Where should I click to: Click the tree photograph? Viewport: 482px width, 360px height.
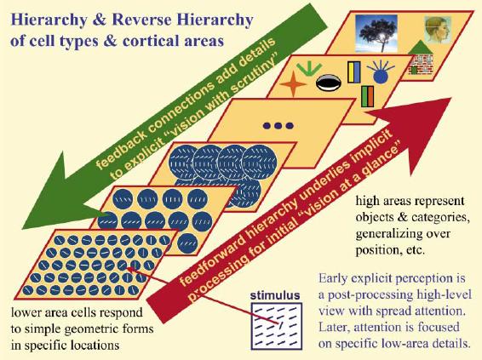click(x=376, y=33)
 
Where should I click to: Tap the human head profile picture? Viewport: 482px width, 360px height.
click(x=438, y=29)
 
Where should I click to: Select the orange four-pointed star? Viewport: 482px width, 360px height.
click(x=293, y=83)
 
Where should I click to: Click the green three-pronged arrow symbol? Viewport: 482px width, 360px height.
click(x=309, y=68)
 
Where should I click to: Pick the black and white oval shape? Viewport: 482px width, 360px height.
click(x=329, y=83)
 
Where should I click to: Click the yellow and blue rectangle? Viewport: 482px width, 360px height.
click(x=353, y=71)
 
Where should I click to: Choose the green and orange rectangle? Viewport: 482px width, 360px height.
click(x=367, y=96)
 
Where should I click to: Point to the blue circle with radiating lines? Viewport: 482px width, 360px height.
click(x=381, y=71)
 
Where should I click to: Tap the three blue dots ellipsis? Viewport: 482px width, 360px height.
click(x=278, y=125)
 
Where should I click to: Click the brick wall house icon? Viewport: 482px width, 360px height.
click(x=421, y=59)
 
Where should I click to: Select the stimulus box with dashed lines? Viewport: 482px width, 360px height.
click(x=277, y=326)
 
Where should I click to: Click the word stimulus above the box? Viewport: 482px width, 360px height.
click(x=275, y=295)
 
